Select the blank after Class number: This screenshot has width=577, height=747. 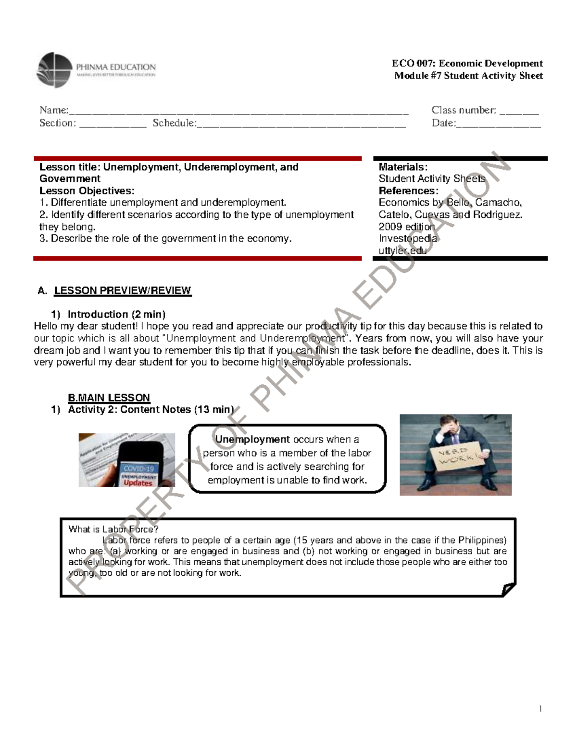[519, 112]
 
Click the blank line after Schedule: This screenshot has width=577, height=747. [301, 124]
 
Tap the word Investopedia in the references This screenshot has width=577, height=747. [408, 239]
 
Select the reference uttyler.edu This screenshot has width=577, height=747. [402, 250]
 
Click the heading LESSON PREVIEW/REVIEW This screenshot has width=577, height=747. [122, 291]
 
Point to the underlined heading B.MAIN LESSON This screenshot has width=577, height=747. [109, 398]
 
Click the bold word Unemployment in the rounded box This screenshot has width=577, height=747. [252, 439]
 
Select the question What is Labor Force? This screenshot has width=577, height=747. [113, 529]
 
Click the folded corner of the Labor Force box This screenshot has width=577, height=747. [508, 588]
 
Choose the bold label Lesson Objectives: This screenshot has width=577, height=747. [87, 190]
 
